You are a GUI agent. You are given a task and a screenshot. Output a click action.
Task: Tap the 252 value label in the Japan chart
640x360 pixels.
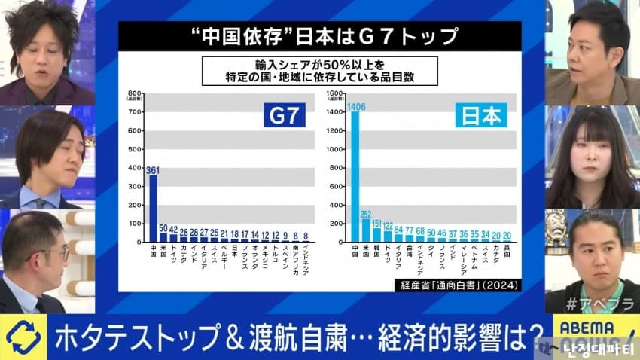coord(367,214)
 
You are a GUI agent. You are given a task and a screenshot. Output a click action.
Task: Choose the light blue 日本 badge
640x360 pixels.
coord(480,117)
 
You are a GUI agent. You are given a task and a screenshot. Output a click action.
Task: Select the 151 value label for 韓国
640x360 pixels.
coord(377,224)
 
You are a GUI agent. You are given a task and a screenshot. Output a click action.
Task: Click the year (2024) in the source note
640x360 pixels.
coord(503,285)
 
